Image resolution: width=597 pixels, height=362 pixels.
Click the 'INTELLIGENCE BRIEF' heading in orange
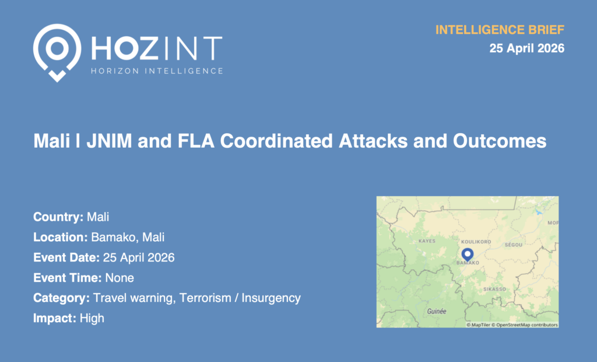coord(500,30)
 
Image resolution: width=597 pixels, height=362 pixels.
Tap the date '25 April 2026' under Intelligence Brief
coord(527,48)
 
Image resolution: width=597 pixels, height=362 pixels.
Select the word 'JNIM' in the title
coord(109,141)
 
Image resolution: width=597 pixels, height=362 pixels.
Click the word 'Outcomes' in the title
coord(500,141)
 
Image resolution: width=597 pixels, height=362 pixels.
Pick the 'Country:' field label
coord(58,217)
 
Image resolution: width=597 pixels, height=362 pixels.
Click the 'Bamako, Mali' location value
coord(128,237)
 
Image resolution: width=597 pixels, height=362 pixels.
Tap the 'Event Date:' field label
coord(66,257)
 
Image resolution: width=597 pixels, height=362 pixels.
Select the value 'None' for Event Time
coord(120,278)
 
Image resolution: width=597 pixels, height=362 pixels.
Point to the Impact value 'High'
coord(92,318)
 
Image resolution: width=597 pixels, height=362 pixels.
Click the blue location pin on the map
coord(468,255)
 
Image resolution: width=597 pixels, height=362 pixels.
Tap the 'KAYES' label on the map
coord(427,241)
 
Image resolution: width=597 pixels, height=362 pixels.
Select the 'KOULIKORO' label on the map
coord(476,242)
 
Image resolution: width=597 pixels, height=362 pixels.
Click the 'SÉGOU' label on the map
coord(514,245)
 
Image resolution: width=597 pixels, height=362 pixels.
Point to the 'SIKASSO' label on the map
coord(494,289)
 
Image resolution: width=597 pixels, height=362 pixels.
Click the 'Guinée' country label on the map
coord(437,311)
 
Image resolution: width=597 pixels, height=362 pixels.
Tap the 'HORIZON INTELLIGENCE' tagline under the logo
coord(157,71)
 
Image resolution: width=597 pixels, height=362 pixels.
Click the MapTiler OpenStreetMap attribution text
coord(512,325)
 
